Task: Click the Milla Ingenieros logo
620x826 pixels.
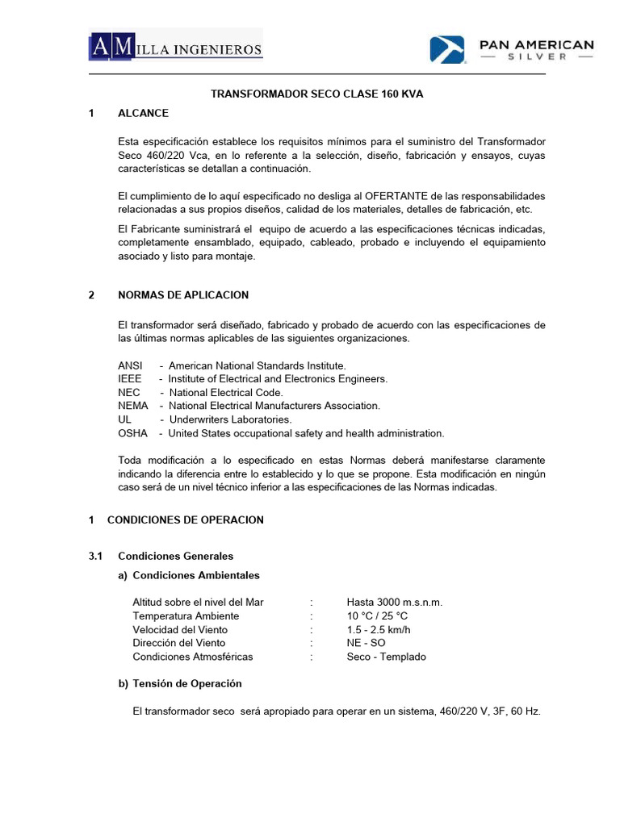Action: coord(175,48)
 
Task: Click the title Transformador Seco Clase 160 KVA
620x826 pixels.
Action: coord(316,94)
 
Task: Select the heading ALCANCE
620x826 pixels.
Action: coord(143,114)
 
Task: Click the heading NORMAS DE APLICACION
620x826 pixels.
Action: coord(183,295)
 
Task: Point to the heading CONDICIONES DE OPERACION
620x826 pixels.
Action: coord(185,520)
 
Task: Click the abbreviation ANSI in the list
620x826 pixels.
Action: coord(129,365)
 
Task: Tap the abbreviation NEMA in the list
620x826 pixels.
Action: coord(132,406)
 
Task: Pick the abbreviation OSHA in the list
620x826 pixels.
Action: coord(132,433)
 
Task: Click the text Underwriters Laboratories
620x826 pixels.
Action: coord(230,419)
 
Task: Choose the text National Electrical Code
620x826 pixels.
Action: coord(226,392)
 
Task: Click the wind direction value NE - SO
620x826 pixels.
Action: coord(366,643)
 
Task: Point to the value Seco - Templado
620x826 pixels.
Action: coord(386,657)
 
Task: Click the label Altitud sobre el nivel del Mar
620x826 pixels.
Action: coord(198,603)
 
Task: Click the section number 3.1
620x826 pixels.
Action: coord(96,557)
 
